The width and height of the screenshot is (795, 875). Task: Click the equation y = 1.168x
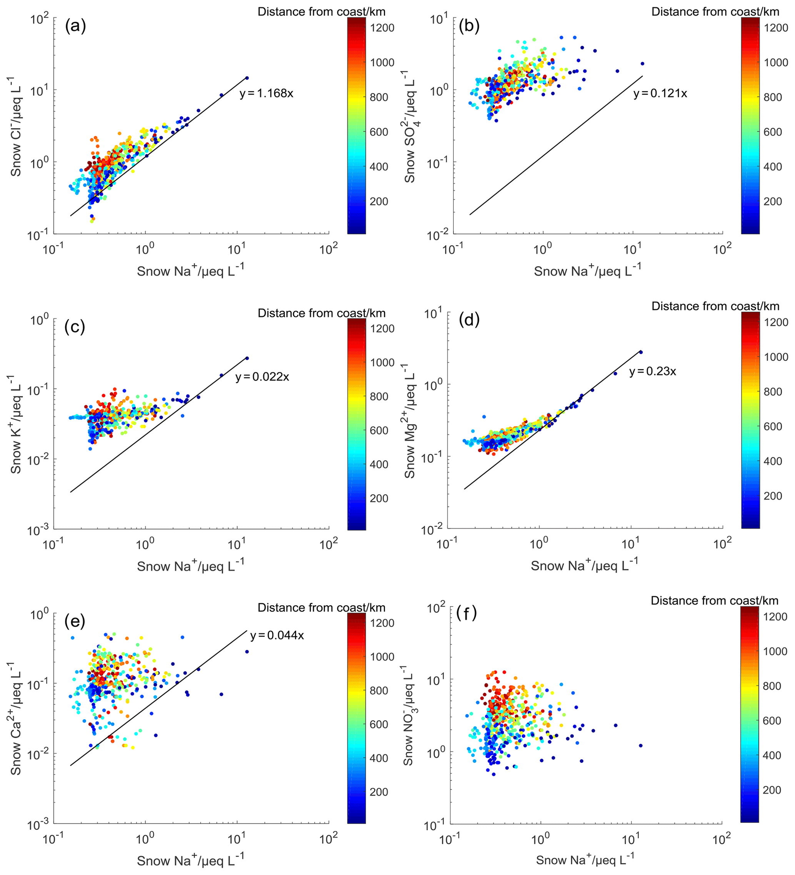point(266,93)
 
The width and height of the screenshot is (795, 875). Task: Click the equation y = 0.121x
point(660,93)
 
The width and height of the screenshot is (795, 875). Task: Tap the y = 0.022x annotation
point(262,377)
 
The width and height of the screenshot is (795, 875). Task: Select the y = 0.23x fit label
point(652,371)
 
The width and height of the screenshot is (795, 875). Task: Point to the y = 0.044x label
point(277,635)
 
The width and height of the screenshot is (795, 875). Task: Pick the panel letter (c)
point(75,327)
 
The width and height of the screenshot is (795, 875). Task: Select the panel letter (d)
point(469,320)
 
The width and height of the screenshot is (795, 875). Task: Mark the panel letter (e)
point(75,622)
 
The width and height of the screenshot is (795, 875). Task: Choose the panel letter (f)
point(467,614)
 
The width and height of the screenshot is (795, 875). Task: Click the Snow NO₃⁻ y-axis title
point(409,716)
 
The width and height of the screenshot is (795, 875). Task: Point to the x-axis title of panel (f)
point(585,860)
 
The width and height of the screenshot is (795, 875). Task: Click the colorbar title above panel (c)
point(321,313)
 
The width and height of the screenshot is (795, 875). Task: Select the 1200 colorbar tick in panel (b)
point(776,28)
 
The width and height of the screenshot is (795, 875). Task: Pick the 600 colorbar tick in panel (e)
point(379,724)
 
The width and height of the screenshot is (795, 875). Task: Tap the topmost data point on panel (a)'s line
point(247,78)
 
